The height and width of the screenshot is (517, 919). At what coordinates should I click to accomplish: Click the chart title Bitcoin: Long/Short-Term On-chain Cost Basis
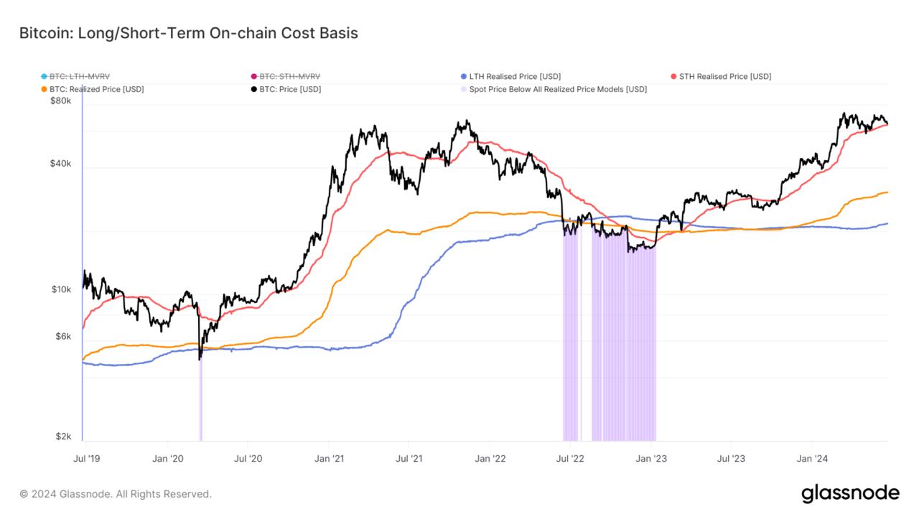coord(188,33)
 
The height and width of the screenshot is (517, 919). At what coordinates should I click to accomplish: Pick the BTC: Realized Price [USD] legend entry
coord(96,89)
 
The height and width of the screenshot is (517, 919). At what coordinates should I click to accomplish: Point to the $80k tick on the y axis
coord(60,101)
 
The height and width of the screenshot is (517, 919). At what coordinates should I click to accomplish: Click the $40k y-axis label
coord(60,164)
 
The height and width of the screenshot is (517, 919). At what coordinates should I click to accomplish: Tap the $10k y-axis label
coord(60,289)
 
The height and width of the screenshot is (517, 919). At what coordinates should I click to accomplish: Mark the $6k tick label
coord(62,337)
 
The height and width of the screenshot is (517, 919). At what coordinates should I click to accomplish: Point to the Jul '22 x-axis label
coord(569,458)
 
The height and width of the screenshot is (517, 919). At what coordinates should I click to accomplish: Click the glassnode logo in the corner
coord(849,493)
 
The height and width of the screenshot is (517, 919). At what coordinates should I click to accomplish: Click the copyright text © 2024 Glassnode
coord(116,494)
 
